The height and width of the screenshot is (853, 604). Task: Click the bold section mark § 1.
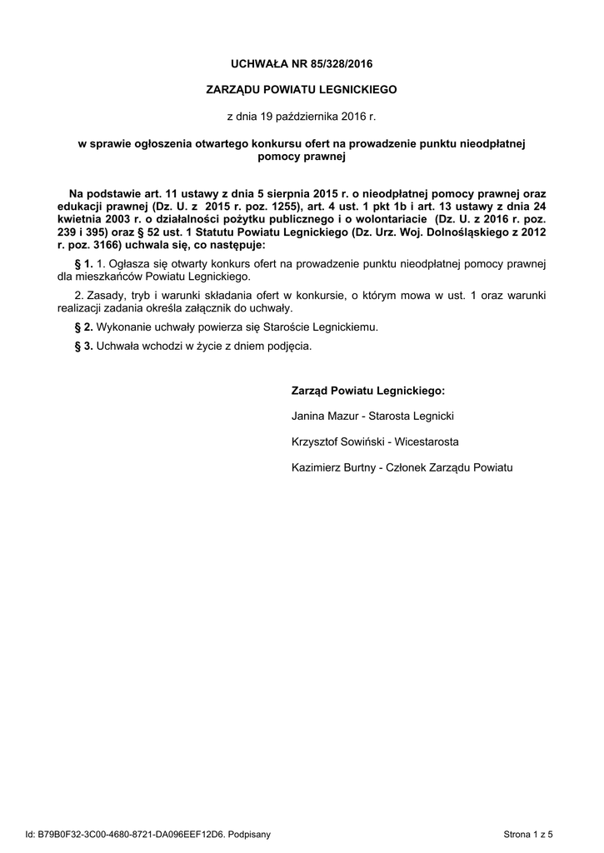tap(83, 264)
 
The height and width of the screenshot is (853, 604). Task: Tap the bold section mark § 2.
tap(83, 327)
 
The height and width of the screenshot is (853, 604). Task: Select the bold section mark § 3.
tap(83, 346)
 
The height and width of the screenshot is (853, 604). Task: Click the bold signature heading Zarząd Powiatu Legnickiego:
tap(367, 391)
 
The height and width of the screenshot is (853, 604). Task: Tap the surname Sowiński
tap(363, 442)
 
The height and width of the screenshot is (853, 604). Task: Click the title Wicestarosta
tap(427, 442)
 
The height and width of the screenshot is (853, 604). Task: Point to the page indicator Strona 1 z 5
tap(528, 833)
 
